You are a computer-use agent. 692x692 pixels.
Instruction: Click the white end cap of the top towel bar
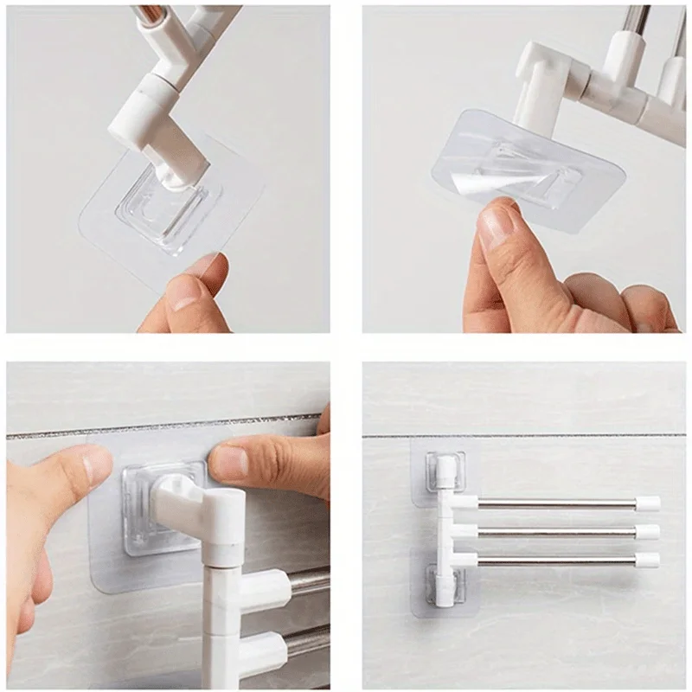(649, 503)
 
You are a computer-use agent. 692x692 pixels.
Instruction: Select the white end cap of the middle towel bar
(649, 531)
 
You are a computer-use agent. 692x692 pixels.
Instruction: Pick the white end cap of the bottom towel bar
(649, 560)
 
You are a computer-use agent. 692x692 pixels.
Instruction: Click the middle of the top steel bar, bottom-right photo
(554, 503)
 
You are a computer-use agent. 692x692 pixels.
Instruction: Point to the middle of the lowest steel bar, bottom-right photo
(554, 560)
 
